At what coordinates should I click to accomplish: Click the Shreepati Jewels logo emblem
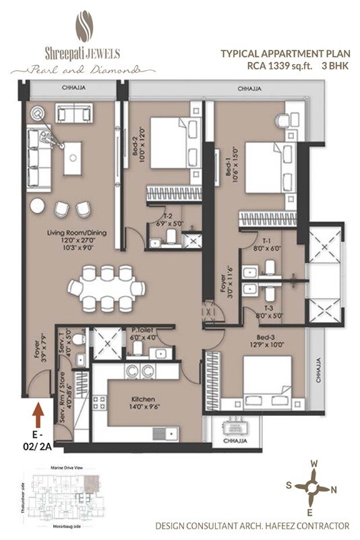click(x=84, y=25)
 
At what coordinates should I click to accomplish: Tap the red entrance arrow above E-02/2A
click(x=38, y=409)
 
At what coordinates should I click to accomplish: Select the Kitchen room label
click(x=144, y=403)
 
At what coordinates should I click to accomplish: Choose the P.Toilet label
click(x=144, y=330)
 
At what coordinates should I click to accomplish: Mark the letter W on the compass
click(x=313, y=464)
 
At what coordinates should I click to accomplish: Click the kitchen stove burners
click(x=99, y=402)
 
